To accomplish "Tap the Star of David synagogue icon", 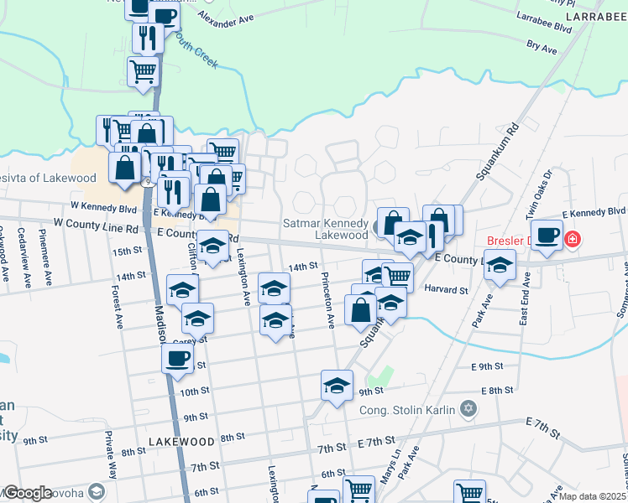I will tap(468, 409).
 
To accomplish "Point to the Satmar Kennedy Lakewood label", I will tap(327, 229).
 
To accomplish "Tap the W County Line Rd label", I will tap(95, 226).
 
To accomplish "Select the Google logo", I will tap(28, 493).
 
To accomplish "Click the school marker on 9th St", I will tap(337, 386).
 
